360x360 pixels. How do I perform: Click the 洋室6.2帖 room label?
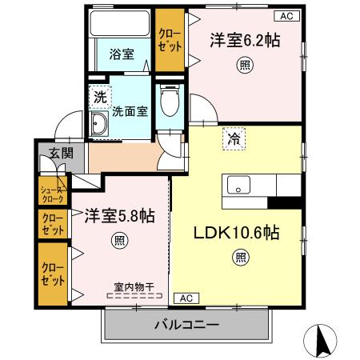(246, 40)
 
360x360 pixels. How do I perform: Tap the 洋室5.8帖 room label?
(120, 216)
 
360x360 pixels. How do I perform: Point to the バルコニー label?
(186, 325)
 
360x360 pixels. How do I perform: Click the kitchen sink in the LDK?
(239, 186)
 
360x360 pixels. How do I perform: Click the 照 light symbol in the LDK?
(240, 257)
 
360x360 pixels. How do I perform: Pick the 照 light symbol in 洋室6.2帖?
(245, 68)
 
